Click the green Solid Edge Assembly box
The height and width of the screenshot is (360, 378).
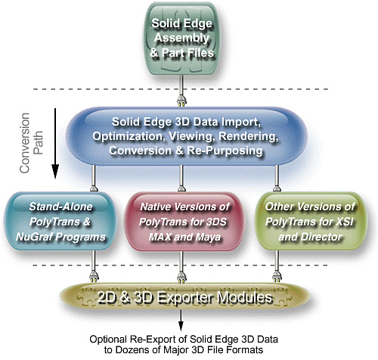181,39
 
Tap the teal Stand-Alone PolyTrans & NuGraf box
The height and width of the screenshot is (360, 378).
60,221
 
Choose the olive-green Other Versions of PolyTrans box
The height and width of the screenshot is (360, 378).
310,221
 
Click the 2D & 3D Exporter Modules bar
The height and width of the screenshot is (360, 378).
184,296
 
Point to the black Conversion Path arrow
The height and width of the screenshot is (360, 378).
55,143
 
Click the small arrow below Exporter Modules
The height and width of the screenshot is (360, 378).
181,321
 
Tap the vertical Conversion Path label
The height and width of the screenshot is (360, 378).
32,143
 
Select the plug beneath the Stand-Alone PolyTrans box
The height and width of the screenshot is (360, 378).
94,277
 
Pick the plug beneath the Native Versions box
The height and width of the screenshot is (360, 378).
181,277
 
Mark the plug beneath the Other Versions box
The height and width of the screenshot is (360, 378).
277,277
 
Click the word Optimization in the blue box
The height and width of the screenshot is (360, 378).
127,136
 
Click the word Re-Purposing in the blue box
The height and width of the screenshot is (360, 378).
225,151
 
